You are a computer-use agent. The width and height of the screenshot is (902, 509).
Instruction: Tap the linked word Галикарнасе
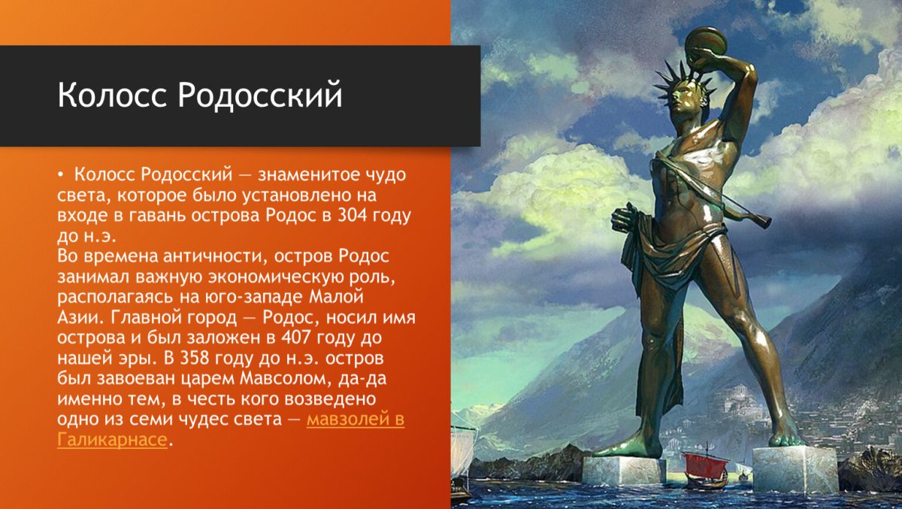[111, 439]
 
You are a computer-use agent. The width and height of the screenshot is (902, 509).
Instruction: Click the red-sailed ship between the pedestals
[704, 467]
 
